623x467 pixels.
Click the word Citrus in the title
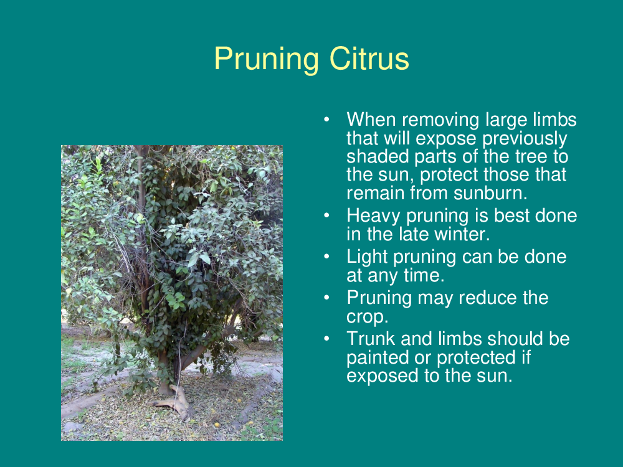(369, 59)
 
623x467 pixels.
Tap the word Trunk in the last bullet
(371, 339)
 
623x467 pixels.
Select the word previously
(525, 139)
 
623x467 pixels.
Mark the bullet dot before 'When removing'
(326, 120)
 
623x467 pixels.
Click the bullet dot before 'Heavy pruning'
(326, 215)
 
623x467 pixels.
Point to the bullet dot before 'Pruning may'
(326, 298)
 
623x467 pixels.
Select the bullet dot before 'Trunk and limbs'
(326, 339)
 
